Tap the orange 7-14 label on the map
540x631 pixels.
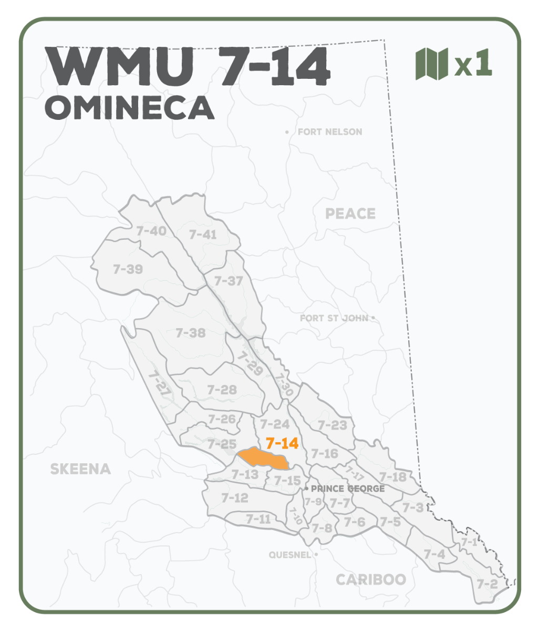(282, 443)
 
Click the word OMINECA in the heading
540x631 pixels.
(130, 108)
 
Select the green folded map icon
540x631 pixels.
(431, 64)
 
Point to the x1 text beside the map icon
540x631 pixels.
(473, 64)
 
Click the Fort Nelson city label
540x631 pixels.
(329, 131)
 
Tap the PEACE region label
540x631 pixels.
(350, 213)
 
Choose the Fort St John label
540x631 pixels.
(334, 318)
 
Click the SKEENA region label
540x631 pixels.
(80, 469)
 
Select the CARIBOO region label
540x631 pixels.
(371, 579)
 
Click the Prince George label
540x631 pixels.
(348, 488)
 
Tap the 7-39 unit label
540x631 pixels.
(128, 269)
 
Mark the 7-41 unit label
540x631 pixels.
(203, 235)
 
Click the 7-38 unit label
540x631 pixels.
(190, 333)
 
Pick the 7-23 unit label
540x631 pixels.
(333, 425)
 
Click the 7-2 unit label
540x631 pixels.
(487, 584)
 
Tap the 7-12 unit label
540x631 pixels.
(234, 497)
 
